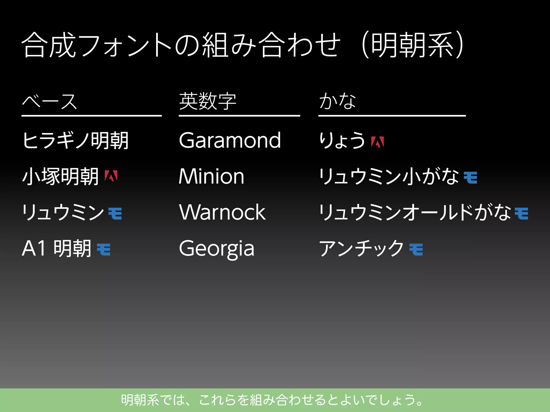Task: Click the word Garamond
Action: tap(230, 140)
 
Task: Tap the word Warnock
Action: tap(222, 212)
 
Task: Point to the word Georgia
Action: tap(216, 248)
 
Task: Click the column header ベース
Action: tap(49, 102)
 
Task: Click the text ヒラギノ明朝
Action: tap(75, 140)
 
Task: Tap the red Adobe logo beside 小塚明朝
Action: tap(111, 176)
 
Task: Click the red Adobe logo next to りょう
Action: tap(377, 142)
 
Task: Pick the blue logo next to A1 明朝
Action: tap(104, 249)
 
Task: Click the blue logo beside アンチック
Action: tap(416, 249)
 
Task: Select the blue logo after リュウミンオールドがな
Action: tap(522, 214)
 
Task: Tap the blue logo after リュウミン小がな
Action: tap(471, 178)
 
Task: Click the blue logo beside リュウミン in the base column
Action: tap(115, 214)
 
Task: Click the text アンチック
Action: tap(361, 248)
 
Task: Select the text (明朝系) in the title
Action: tap(412, 45)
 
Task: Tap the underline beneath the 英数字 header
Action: tap(239, 116)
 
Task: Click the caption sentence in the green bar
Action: tap(272, 400)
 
